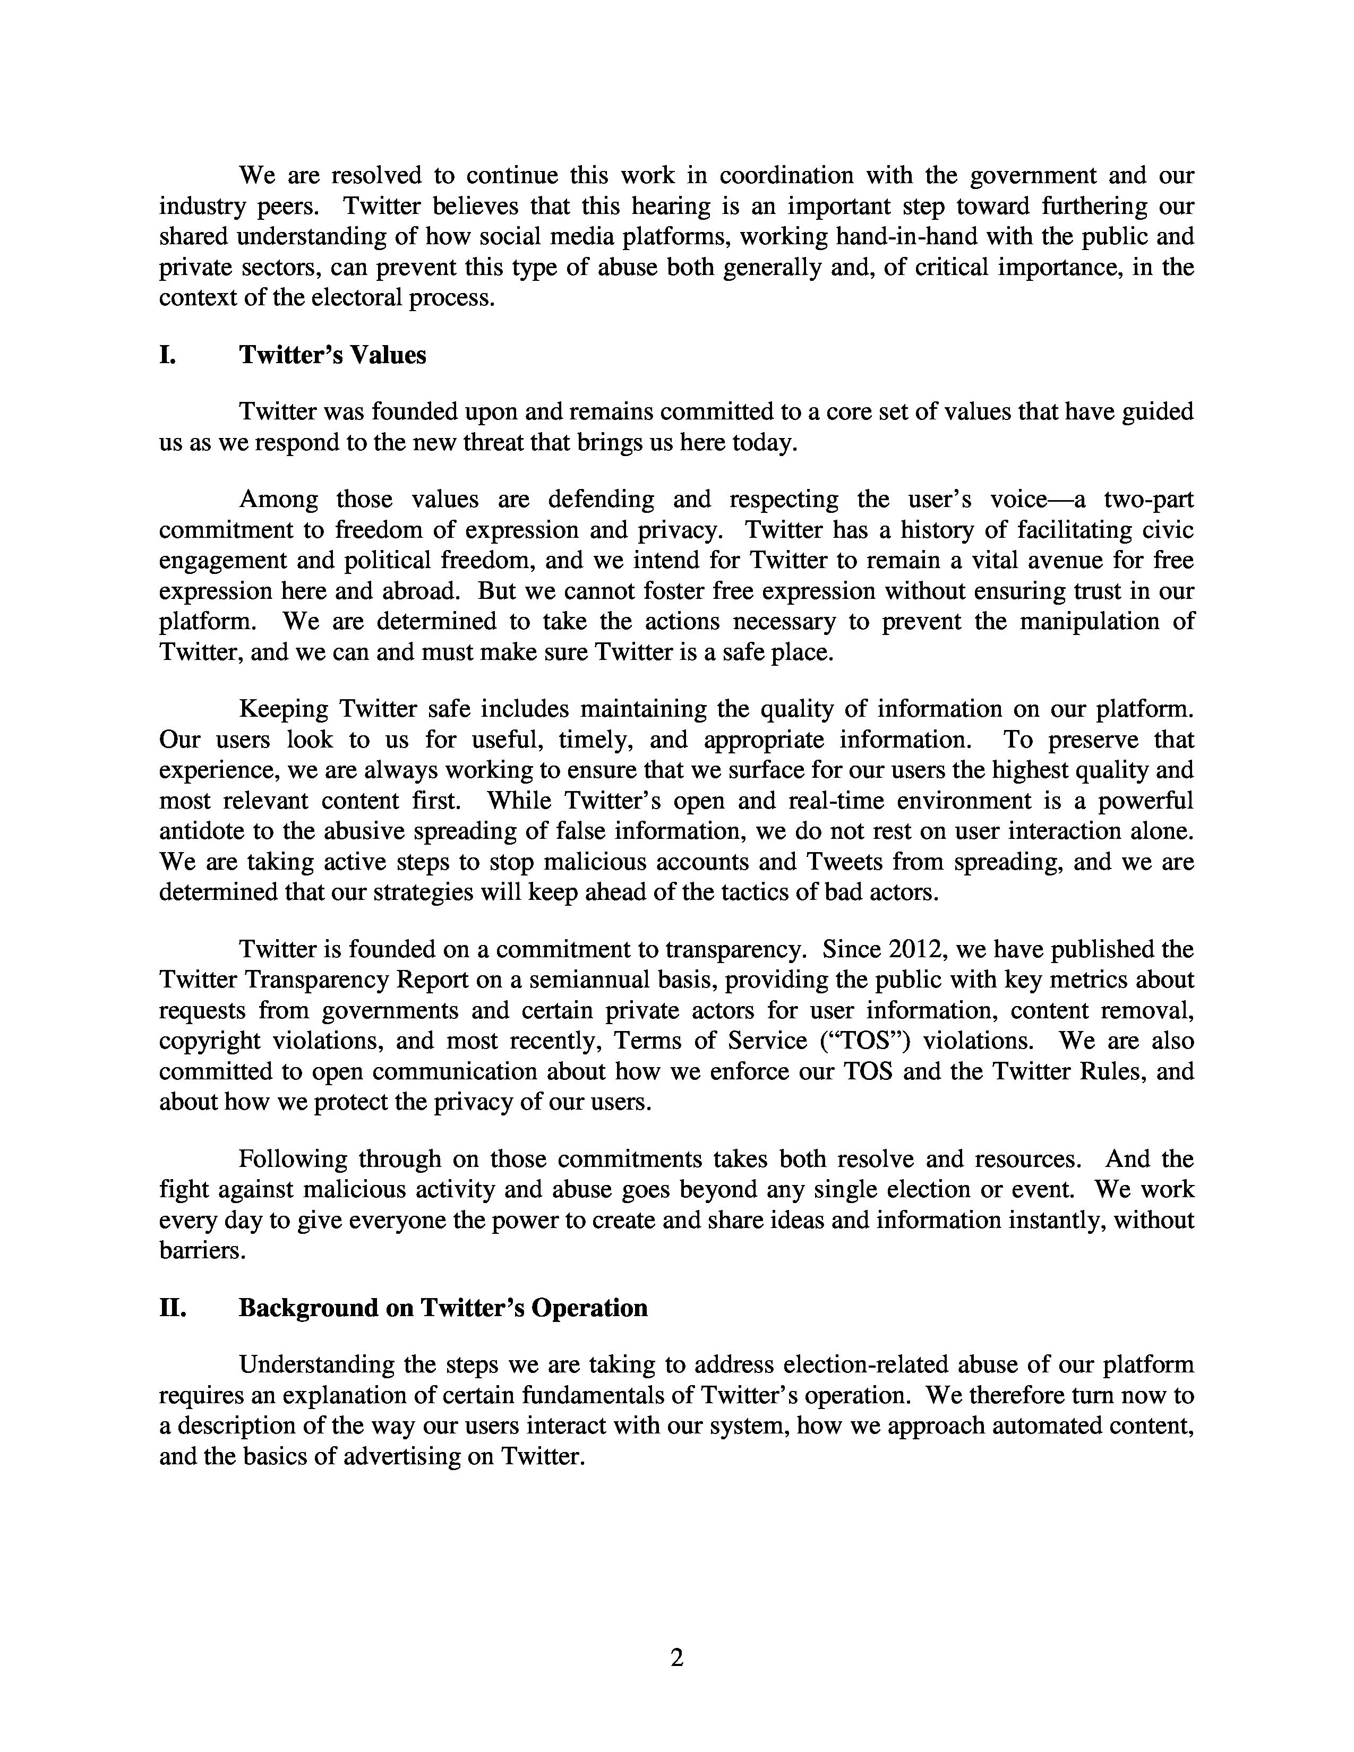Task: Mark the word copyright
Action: (x=209, y=1041)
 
